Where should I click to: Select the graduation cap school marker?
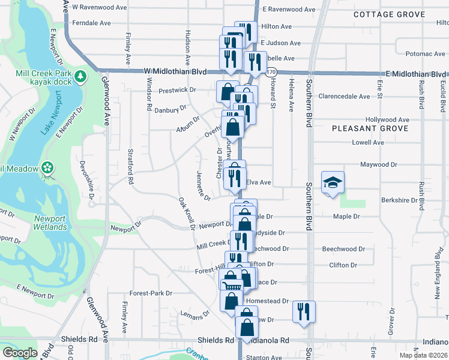[332, 182]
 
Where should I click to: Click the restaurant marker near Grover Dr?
[304, 311]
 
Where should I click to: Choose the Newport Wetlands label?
[50, 223]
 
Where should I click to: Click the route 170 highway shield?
[271, 71]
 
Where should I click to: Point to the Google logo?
[20, 353]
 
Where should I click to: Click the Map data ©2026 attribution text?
[423, 355]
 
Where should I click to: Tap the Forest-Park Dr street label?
[151, 293]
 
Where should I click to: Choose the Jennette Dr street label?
[202, 185]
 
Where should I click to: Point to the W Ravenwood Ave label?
[100, 7]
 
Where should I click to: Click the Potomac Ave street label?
[425, 54]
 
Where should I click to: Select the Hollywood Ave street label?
[387, 119]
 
